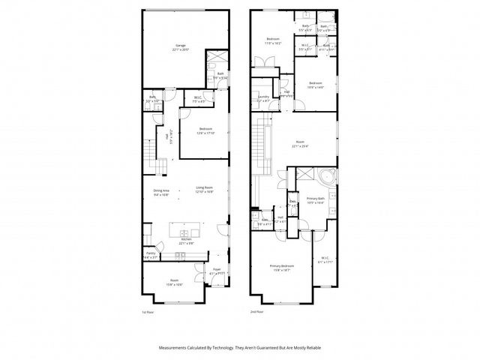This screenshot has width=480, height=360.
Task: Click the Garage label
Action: pos(181,46)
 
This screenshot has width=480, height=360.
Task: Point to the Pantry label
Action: pos(151,253)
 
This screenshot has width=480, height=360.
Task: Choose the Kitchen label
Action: pos(186,239)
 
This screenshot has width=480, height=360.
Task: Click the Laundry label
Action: pos(263,97)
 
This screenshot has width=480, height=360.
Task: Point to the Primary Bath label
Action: pos(315,199)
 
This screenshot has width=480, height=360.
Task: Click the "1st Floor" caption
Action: pos(148,312)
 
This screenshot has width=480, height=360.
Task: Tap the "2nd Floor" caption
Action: pos(258,312)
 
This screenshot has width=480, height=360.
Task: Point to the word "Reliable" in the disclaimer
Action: pos(311,348)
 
